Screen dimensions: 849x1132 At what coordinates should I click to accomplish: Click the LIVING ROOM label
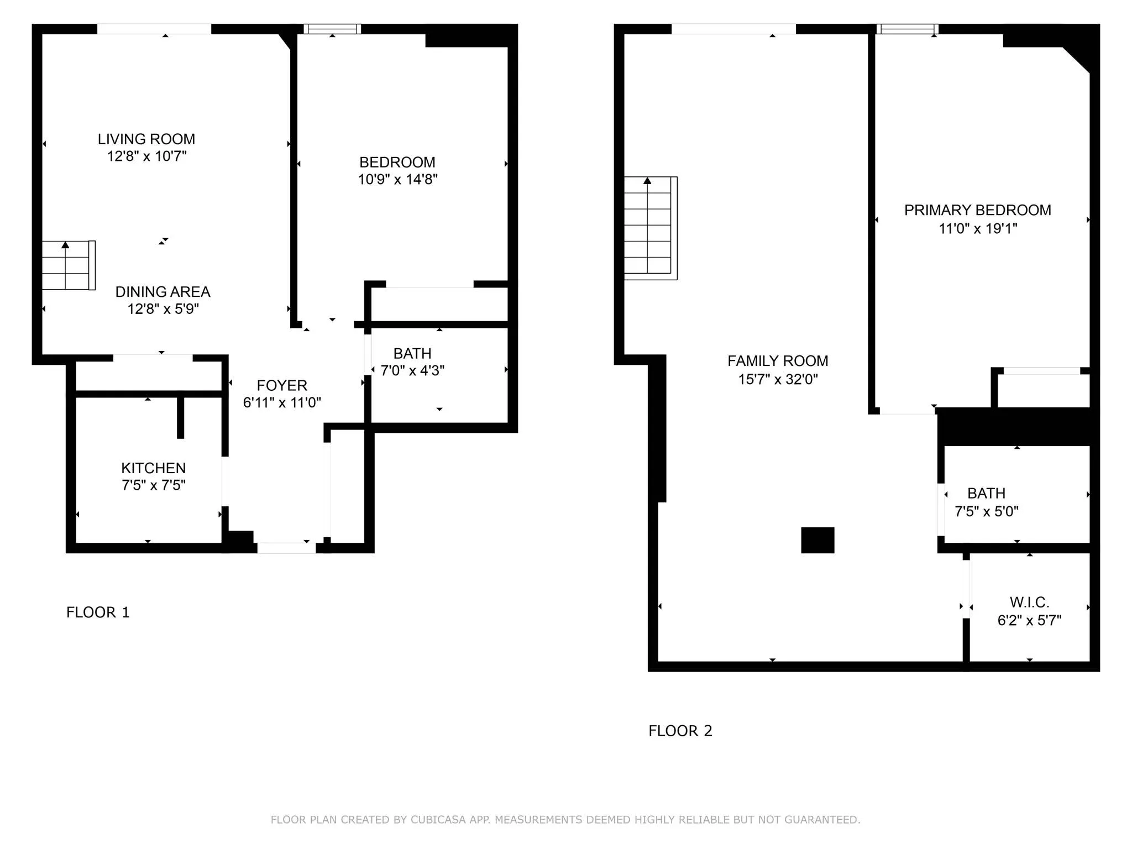(146, 139)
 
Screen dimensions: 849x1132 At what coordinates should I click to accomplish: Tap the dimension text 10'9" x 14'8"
(397, 179)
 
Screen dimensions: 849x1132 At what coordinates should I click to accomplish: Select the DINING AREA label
(163, 291)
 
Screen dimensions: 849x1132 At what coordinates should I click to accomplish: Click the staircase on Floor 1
(68, 265)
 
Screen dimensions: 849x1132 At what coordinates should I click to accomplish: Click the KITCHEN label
(153, 468)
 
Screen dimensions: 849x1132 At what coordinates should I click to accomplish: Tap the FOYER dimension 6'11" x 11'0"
(282, 402)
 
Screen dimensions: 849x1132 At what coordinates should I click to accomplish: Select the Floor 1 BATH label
(412, 353)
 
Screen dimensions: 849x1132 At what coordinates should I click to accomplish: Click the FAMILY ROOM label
(778, 361)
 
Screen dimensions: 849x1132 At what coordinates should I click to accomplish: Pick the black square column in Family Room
(817, 540)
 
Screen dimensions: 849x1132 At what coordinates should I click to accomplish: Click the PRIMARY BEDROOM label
(977, 210)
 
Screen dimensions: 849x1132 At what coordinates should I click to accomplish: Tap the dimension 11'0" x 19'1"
(977, 228)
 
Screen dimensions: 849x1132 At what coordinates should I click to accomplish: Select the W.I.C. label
(1029, 602)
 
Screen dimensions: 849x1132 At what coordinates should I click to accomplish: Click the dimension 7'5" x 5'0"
(986, 511)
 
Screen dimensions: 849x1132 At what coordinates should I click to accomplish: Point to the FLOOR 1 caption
(98, 612)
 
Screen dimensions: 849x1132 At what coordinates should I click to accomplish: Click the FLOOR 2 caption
(680, 731)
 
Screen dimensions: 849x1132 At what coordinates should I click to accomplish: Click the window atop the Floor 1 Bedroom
(332, 29)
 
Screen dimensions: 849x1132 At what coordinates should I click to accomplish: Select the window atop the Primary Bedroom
(907, 29)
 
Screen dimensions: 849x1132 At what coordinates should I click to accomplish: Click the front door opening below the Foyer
(286, 548)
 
